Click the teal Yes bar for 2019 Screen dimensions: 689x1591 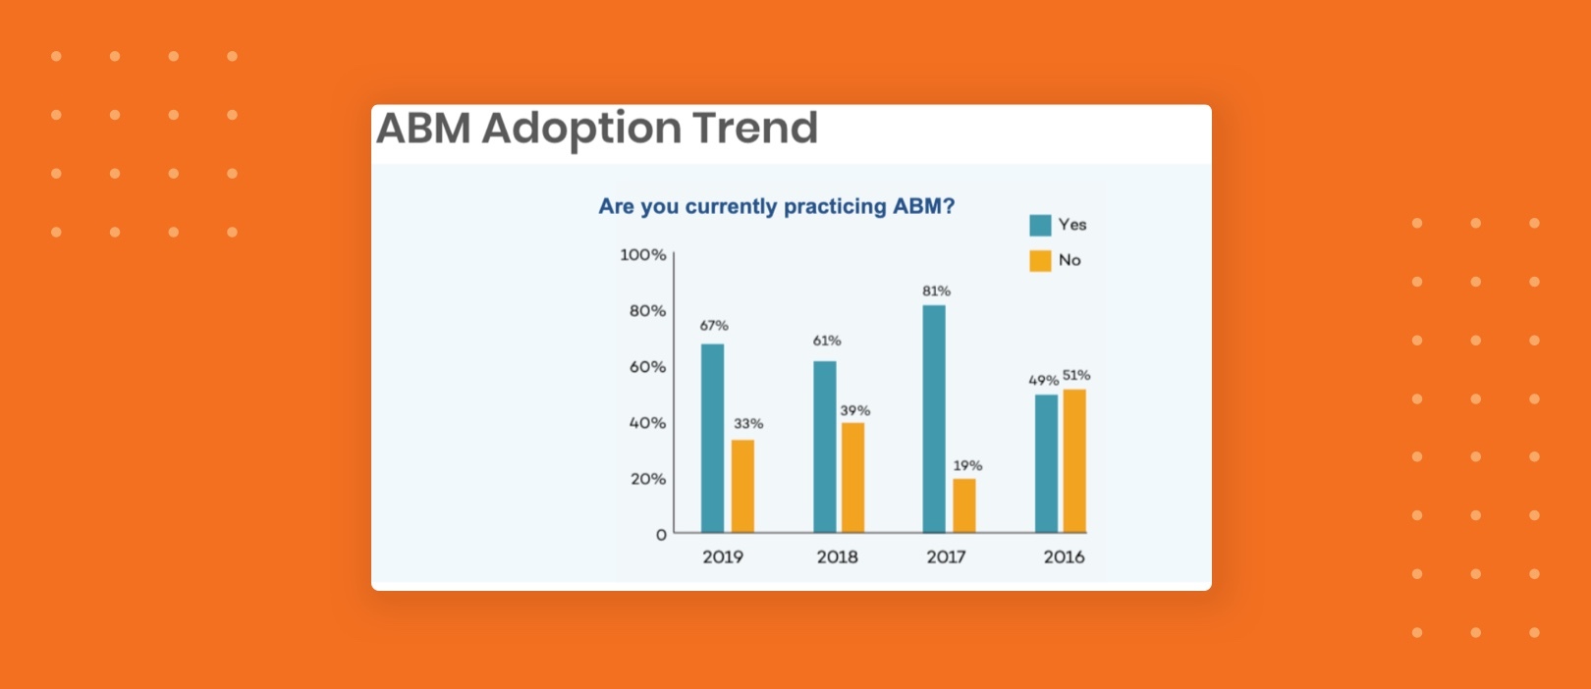712,438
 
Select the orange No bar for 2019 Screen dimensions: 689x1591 742,486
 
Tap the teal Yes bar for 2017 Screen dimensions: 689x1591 934,419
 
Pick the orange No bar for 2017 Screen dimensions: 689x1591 964,505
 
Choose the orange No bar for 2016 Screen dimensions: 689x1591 1074,461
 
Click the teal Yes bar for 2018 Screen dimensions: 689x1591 825,447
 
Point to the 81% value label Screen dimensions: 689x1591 936,291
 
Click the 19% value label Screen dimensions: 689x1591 967,465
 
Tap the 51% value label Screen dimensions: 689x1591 1076,375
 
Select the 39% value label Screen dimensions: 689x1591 854,410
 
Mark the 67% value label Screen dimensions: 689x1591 714,325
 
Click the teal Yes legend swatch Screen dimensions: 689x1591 1040,225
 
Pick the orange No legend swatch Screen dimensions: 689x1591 1040,260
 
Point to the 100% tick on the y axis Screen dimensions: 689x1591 642,254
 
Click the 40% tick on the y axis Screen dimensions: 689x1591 647,423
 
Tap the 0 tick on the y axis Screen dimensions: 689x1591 661,535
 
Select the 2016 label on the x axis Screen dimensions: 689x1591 1064,556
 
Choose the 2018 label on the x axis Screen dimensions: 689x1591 837,556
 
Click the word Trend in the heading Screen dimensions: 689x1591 754,128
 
